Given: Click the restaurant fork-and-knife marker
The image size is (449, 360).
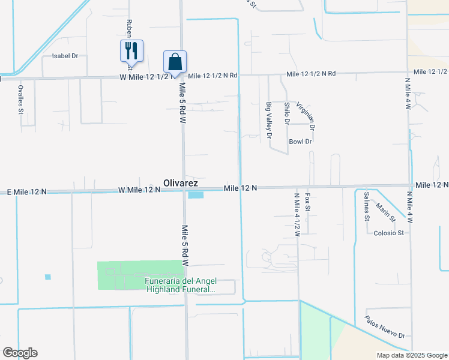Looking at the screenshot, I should tap(131, 50).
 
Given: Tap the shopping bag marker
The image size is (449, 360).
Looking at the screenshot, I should tap(175, 61).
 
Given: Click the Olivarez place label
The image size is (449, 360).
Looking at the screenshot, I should tap(185, 182).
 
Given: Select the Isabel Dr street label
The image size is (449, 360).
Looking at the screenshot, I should tap(65, 56).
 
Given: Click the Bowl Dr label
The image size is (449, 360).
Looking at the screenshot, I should tap(300, 142).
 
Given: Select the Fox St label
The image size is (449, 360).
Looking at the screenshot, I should tap(307, 202).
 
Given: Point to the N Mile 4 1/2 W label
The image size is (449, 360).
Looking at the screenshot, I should tap(297, 215).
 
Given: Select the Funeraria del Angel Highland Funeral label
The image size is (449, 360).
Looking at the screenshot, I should tap(181, 286).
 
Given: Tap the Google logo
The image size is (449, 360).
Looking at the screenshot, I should tap(20, 353).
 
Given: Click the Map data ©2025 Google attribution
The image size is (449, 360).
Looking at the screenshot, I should tap(411, 355).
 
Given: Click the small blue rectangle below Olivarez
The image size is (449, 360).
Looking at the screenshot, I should tap(196, 194).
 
